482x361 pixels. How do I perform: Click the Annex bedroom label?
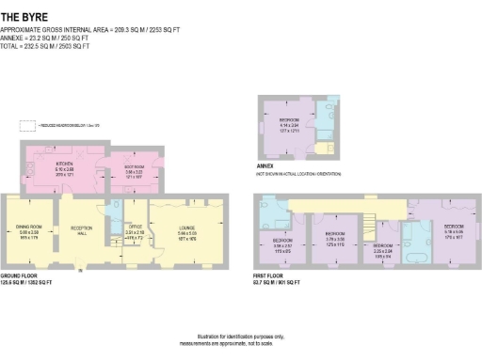[x=289, y=122]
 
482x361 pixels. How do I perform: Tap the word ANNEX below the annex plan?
[x=265, y=165]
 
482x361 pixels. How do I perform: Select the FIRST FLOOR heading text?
[x=270, y=275]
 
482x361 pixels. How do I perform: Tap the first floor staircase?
[x=375, y=226]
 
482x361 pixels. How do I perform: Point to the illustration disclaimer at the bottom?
[x=240, y=338]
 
